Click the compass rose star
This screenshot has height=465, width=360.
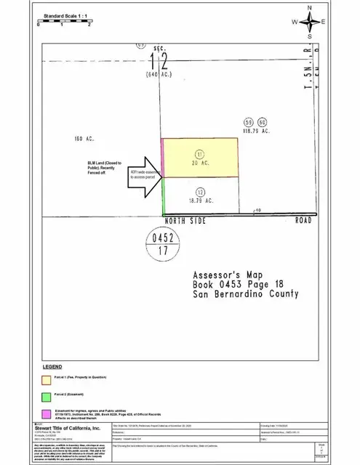click(310, 21)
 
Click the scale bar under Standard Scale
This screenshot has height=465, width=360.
click(64, 21)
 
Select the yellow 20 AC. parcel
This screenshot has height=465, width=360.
click(200, 158)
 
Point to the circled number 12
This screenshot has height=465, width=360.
click(199, 190)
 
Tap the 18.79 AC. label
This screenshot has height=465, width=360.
click(199, 201)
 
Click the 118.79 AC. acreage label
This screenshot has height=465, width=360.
click(256, 132)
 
